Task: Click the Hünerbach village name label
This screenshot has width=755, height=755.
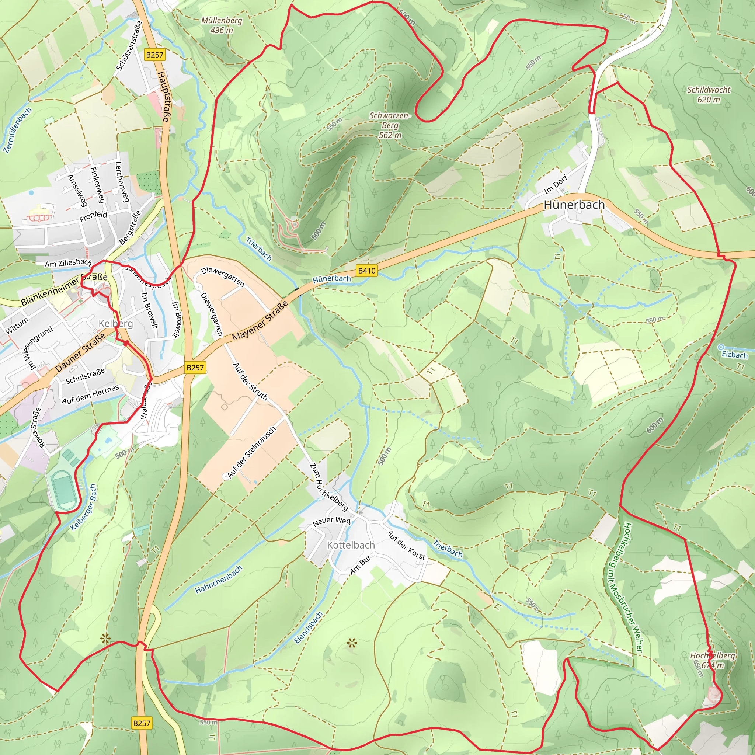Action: pyautogui.click(x=574, y=205)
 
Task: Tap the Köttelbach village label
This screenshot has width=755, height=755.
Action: pyautogui.click(x=351, y=545)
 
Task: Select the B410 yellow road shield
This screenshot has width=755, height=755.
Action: pyautogui.click(x=366, y=271)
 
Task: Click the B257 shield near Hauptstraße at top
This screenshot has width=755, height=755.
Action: pyautogui.click(x=154, y=55)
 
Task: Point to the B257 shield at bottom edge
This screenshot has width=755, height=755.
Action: pyautogui.click(x=142, y=723)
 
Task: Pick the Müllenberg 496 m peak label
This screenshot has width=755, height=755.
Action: pyautogui.click(x=222, y=25)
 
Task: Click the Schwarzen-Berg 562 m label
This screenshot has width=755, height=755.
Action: pyautogui.click(x=390, y=125)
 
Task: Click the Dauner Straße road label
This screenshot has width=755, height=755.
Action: pyautogui.click(x=80, y=352)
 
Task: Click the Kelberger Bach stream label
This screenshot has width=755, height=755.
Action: pyautogui.click(x=83, y=507)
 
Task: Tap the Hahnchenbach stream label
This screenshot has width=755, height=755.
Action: pyautogui.click(x=219, y=580)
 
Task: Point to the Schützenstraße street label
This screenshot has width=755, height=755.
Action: pyautogui.click(x=129, y=45)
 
